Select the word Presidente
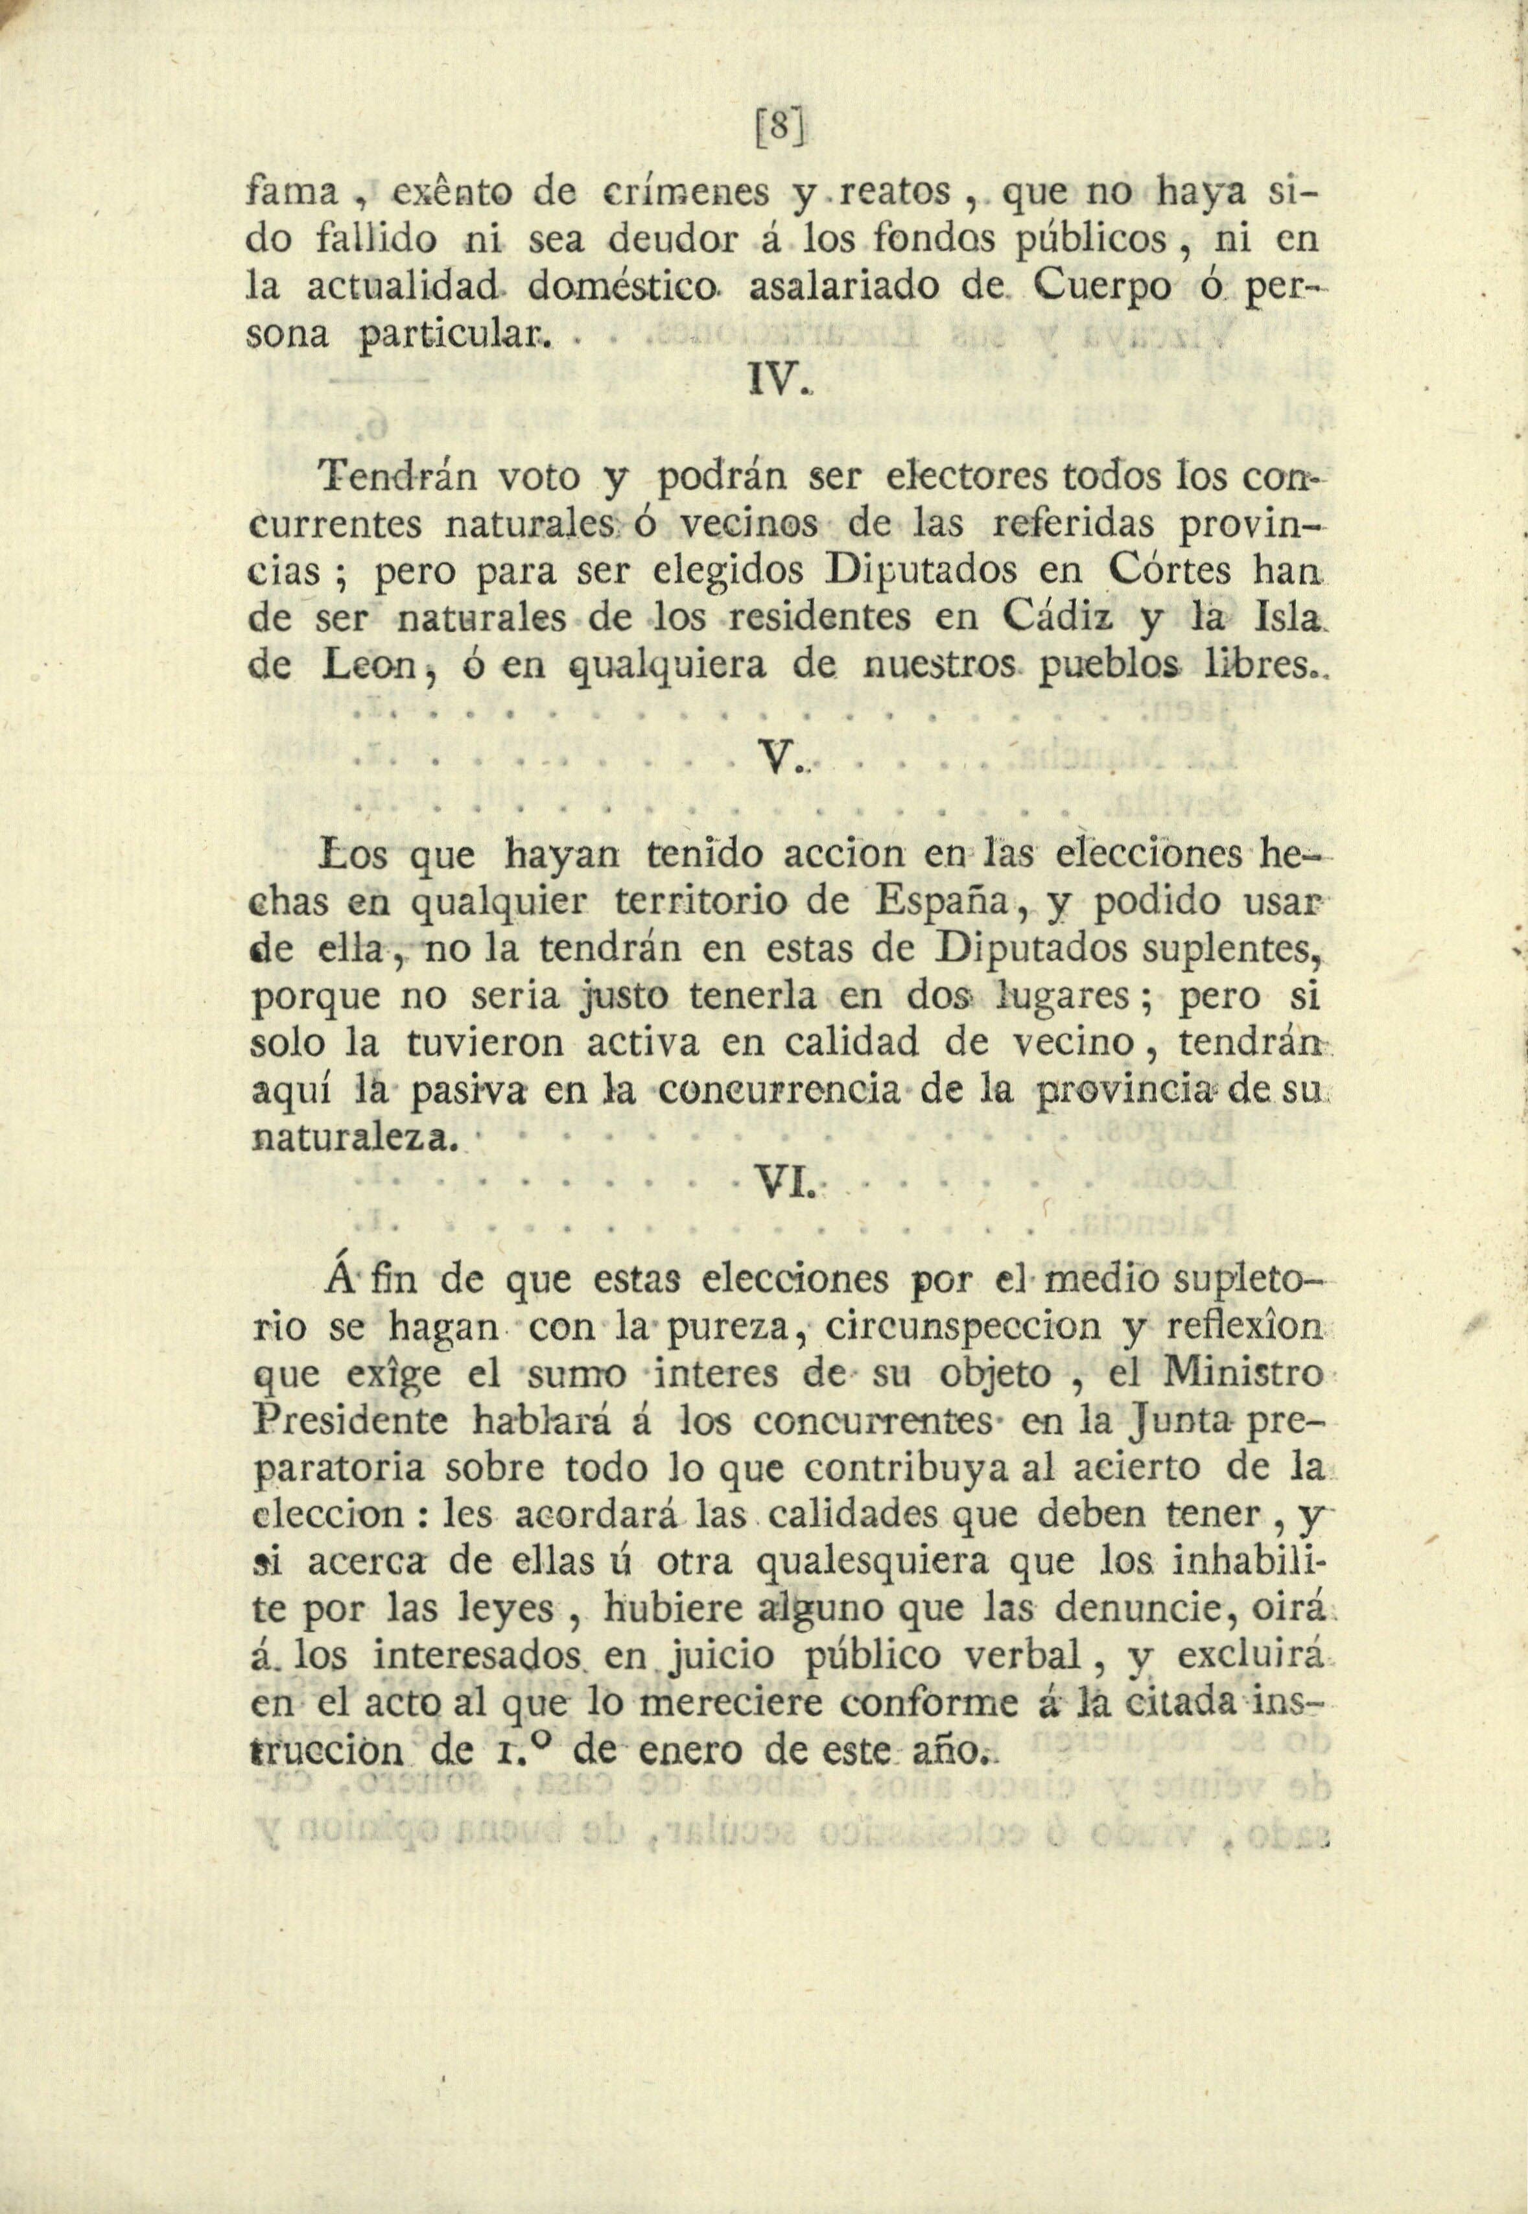349,1422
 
